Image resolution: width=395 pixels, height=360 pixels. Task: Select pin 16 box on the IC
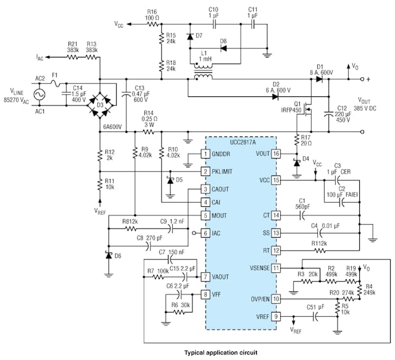pyautogui.click(x=276, y=154)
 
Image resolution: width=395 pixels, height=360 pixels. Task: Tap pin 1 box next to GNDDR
pyautogui.click(x=207, y=154)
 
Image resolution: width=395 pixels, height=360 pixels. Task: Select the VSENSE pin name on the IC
pyautogui.click(x=256, y=267)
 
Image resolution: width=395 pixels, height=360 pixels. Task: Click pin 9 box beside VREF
pyautogui.click(x=276, y=317)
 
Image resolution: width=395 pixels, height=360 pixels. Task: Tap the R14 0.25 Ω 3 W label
pyautogui.click(x=148, y=117)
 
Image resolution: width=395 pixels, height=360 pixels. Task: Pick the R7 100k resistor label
pyautogui.click(x=157, y=270)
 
